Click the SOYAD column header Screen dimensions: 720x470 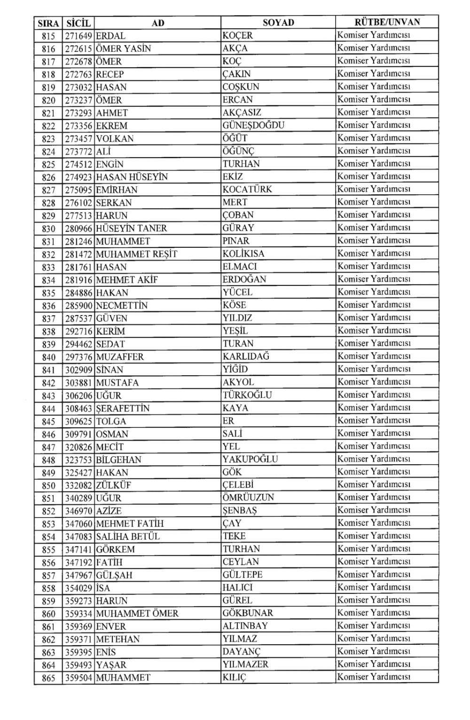[x=278, y=23]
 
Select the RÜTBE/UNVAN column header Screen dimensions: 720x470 [x=387, y=22]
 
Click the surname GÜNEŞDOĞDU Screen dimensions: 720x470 [x=253, y=126]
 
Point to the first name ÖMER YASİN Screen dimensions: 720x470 [x=123, y=48]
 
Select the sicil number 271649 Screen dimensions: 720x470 [x=78, y=36]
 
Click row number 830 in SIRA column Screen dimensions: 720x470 [x=48, y=229]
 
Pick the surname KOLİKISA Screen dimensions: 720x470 [x=243, y=254]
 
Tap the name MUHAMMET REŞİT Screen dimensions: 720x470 [x=137, y=254]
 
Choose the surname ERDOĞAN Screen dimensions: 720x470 [x=244, y=279]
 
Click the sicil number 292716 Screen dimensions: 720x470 [x=78, y=331]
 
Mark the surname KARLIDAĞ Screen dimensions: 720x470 [x=246, y=356]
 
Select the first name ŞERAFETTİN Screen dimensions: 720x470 [x=123, y=408]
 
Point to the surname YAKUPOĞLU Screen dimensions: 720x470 [x=250, y=459]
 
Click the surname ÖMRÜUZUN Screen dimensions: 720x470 [x=248, y=498]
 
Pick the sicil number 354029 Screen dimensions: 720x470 [x=78, y=588]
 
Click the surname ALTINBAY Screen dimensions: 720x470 [x=245, y=626]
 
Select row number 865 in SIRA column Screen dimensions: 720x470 [x=48, y=678]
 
